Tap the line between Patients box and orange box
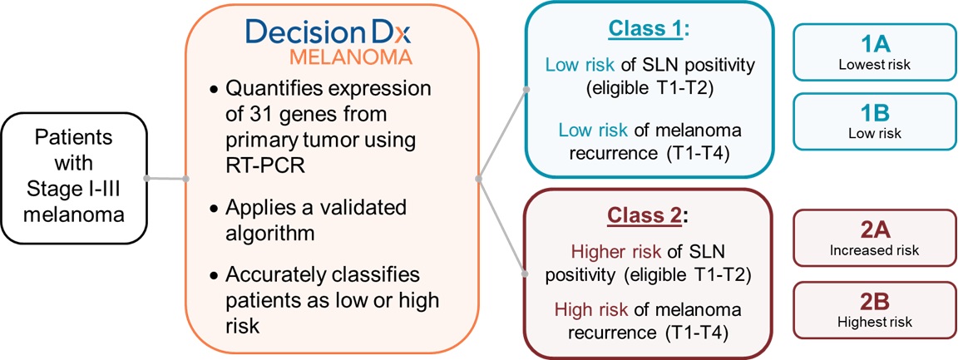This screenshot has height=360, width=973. coord(165,178)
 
